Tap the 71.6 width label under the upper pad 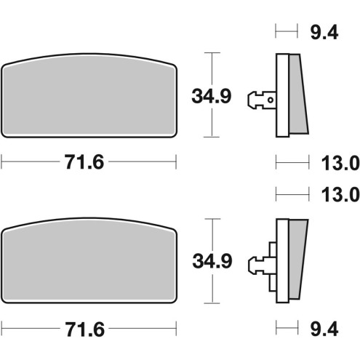(89, 163)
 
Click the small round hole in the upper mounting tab (270, 96)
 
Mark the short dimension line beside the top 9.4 (287, 31)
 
